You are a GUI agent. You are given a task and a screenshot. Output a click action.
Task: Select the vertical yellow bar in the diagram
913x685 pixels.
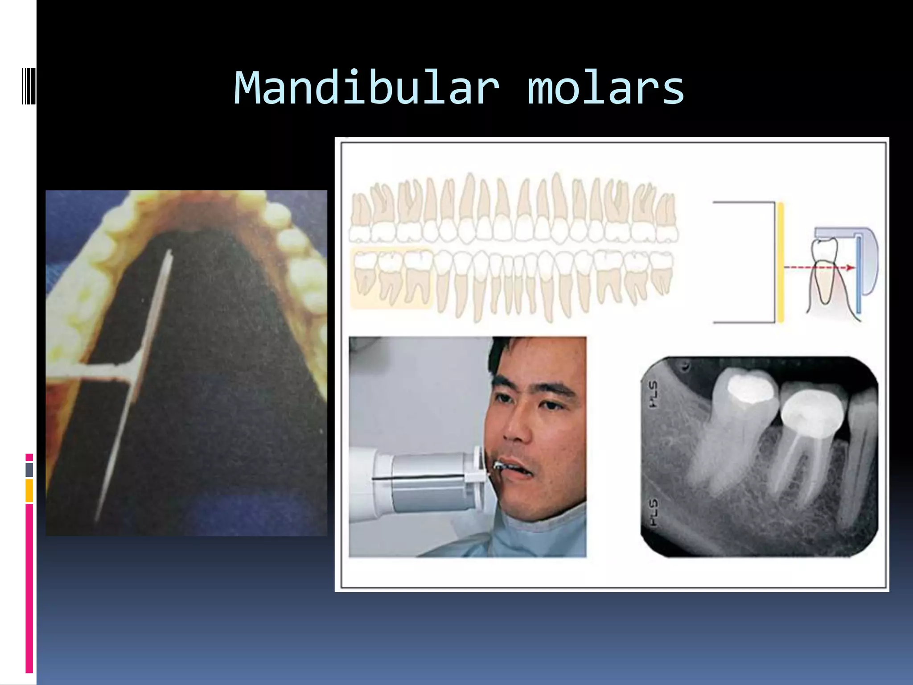pyautogui.click(x=780, y=262)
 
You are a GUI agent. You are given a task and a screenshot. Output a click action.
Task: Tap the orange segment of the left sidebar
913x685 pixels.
pyautogui.click(x=29, y=491)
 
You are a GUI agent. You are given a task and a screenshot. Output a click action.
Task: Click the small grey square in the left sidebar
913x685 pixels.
pyautogui.click(x=29, y=470)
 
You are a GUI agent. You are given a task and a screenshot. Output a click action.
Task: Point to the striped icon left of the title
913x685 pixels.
pyautogui.click(x=28, y=86)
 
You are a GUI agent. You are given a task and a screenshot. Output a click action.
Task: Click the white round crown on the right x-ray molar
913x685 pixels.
pyautogui.click(x=811, y=413)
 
